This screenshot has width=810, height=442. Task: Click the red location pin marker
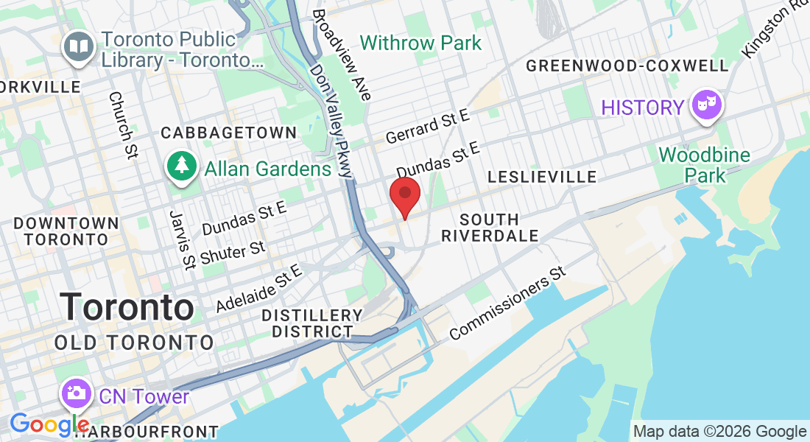pos(404,195)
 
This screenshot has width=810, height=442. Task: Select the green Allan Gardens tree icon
pos(180,167)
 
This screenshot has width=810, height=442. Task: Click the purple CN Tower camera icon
pos(76,394)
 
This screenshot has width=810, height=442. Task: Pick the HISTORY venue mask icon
pos(707,108)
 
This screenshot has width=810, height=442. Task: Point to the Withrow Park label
pos(421,43)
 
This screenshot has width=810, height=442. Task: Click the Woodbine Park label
pos(705,165)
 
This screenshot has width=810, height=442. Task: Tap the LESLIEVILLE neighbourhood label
pos(542,178)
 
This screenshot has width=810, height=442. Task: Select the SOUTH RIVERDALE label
pos(490,227)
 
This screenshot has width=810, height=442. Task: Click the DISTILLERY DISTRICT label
pos(313,323)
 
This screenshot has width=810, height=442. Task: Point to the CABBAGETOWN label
pos(228,133)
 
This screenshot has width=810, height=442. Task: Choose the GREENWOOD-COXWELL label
pos(627,66)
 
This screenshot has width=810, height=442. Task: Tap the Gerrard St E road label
pos(427,125)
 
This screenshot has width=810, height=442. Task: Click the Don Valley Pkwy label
pos(332,122)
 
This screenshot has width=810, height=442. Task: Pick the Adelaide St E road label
pos(260,288)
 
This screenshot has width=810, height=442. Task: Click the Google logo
pos(49,424)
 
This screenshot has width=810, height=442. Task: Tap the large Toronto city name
pos(127,307)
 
